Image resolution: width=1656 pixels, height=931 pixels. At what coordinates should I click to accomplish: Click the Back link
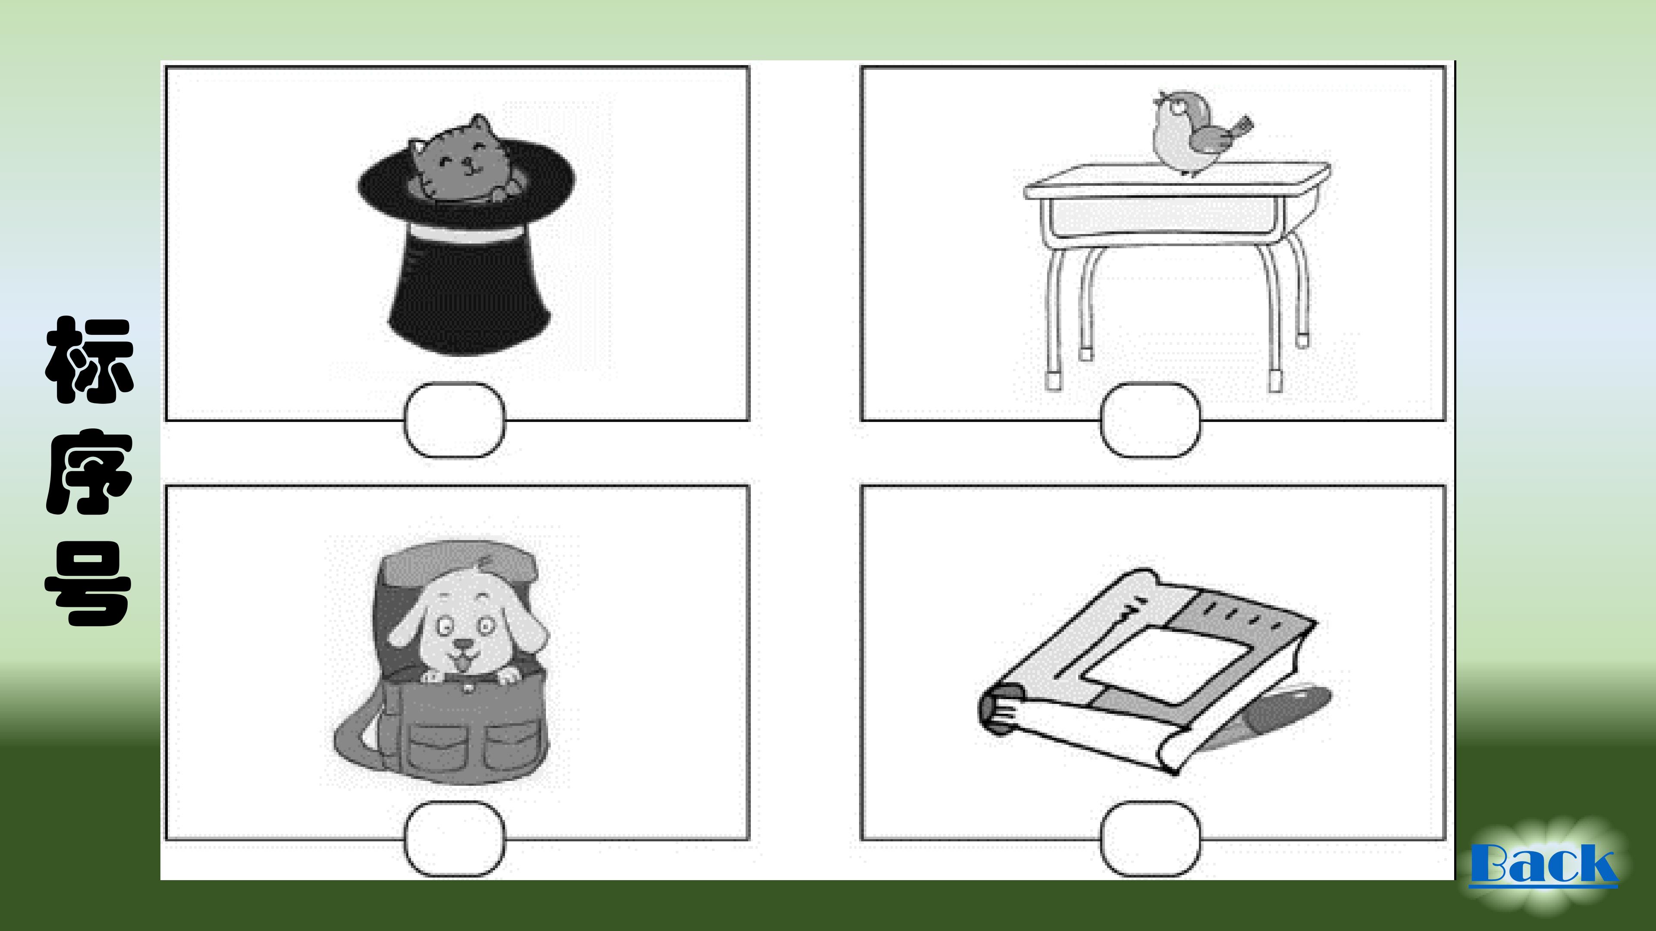click(1543, 864)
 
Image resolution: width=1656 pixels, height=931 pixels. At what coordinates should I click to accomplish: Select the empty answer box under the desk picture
click(1150, 420)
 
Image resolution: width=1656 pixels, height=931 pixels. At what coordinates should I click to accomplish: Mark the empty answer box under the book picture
click(1150, 839)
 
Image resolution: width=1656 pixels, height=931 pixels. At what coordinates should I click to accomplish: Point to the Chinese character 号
click(89, 584)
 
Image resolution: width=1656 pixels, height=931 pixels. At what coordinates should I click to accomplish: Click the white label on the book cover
click(1167, 665)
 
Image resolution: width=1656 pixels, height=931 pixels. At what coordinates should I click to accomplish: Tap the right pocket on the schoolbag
click(511, 745)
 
